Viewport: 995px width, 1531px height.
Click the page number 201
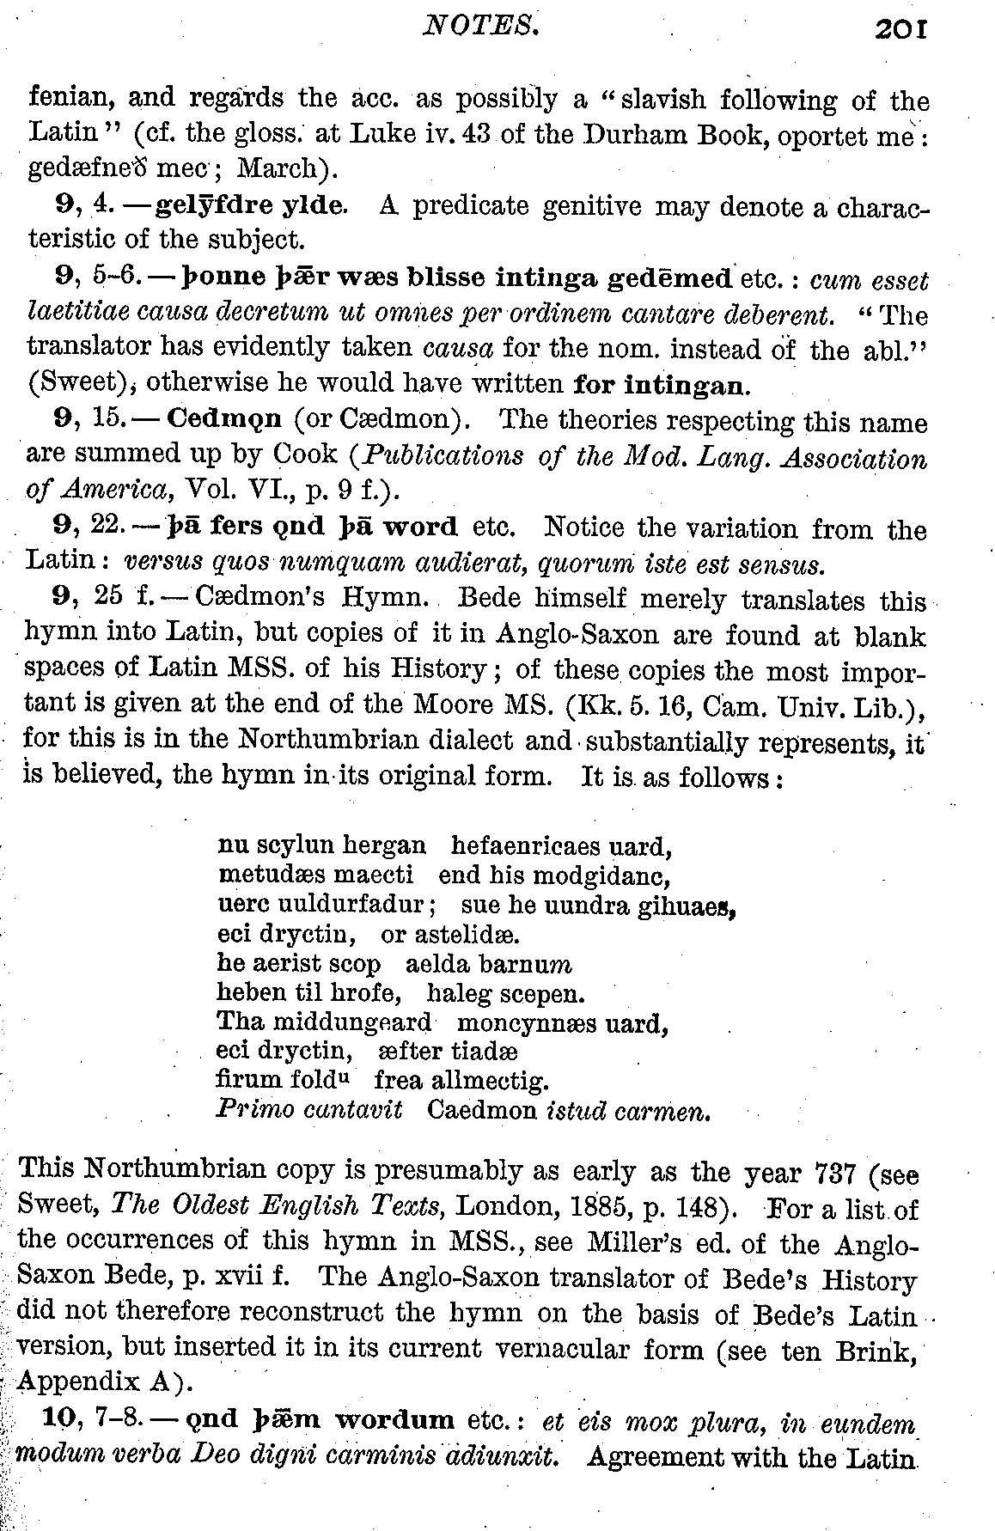point(900,30)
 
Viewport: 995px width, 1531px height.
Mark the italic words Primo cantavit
point(309,1110)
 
